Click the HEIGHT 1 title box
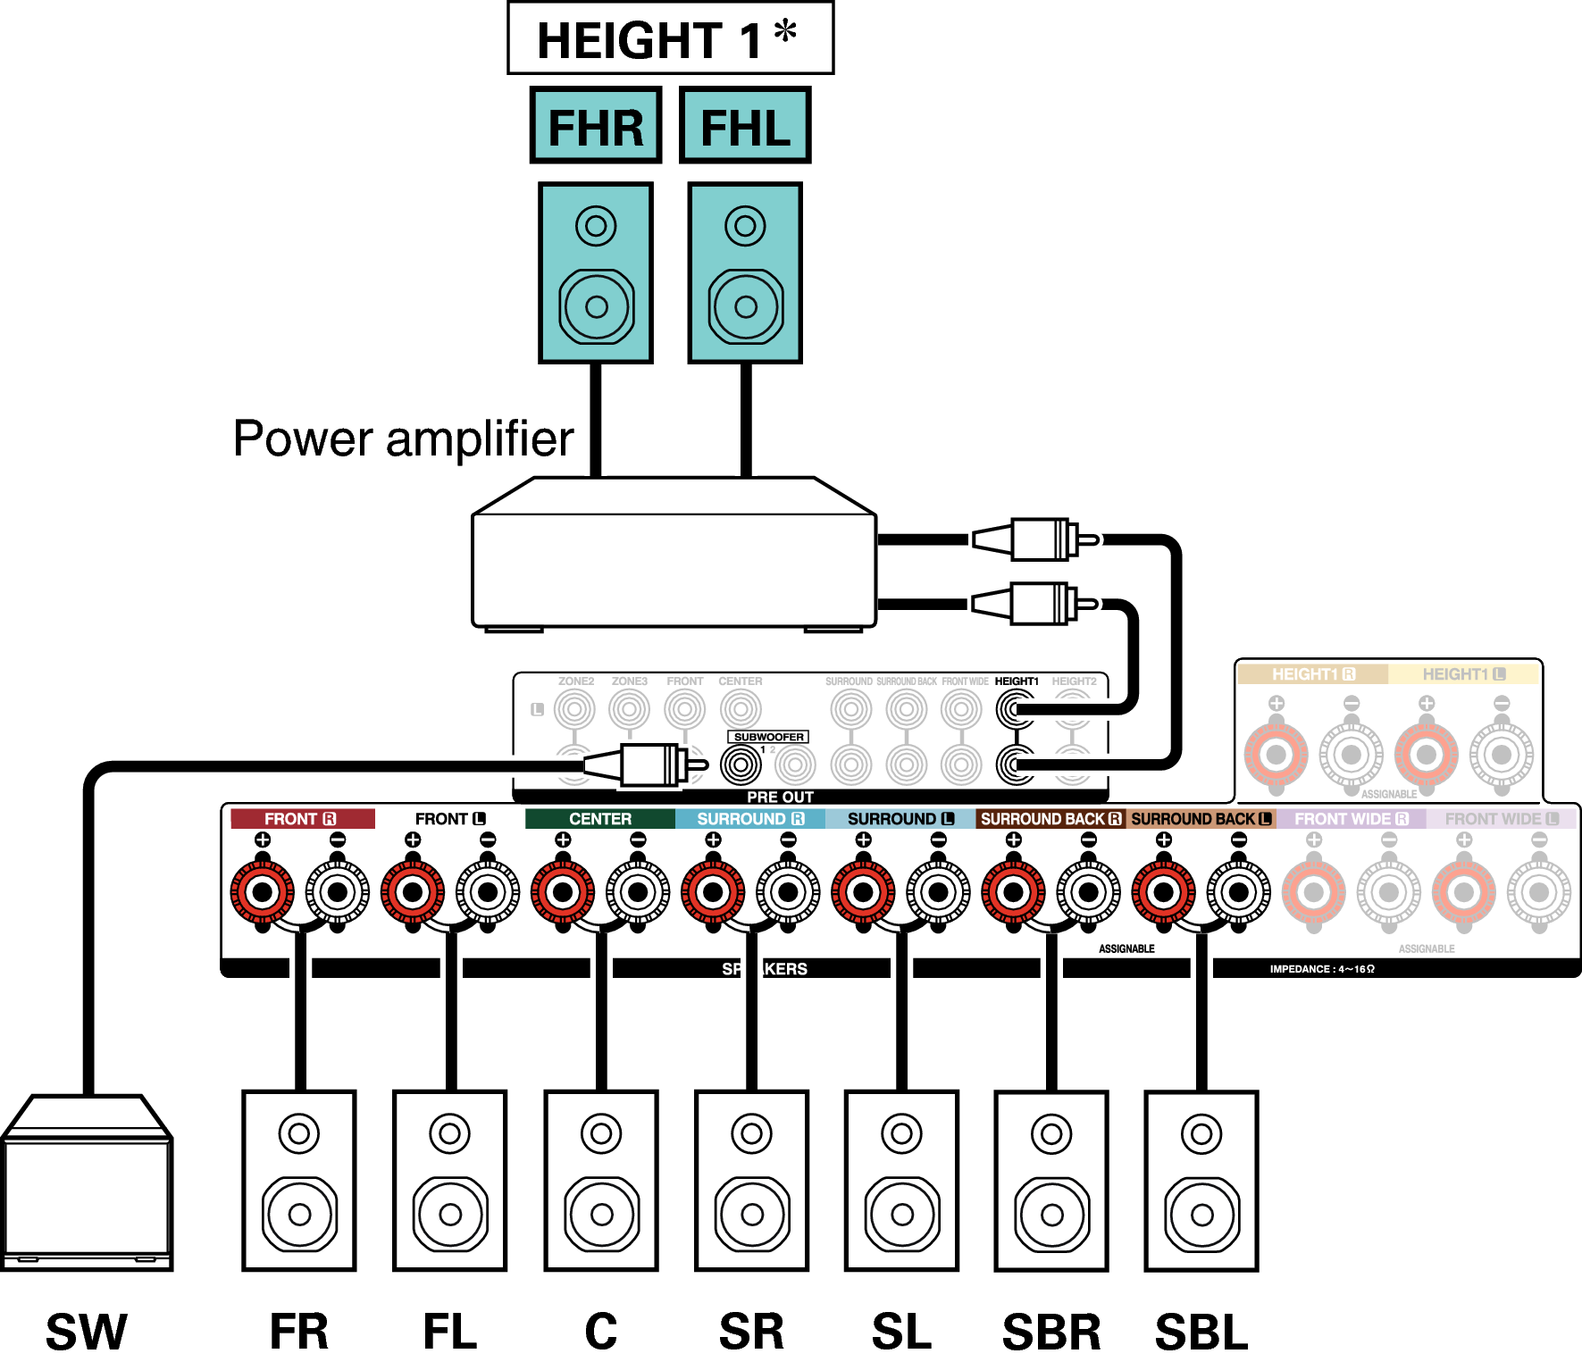(x=670, y=38)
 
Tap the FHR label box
(x=596, y=126)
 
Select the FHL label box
(x=745, y=126)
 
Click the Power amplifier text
(x=403, y=439)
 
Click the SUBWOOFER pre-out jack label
(x=768, y=737)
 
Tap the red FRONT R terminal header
(x=301, y=819)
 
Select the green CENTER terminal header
(x=600, y=819)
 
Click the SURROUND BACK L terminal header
(x=1201, y=819)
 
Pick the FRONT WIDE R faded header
(x=1351, y=819)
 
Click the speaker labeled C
(x=601, y=1180)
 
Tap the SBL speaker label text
(x=1201, y=1332)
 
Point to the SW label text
(x=87, y=1332)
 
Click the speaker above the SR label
(x=751, y=1180)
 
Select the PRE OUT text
(x=780, y=797)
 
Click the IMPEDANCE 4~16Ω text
(x=1322, y=969)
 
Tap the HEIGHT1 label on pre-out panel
(x=1017, y=681)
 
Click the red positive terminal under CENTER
(x=563, y=891)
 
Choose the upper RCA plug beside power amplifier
(x=1036, y=539)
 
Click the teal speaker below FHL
(x=745, y=273)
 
